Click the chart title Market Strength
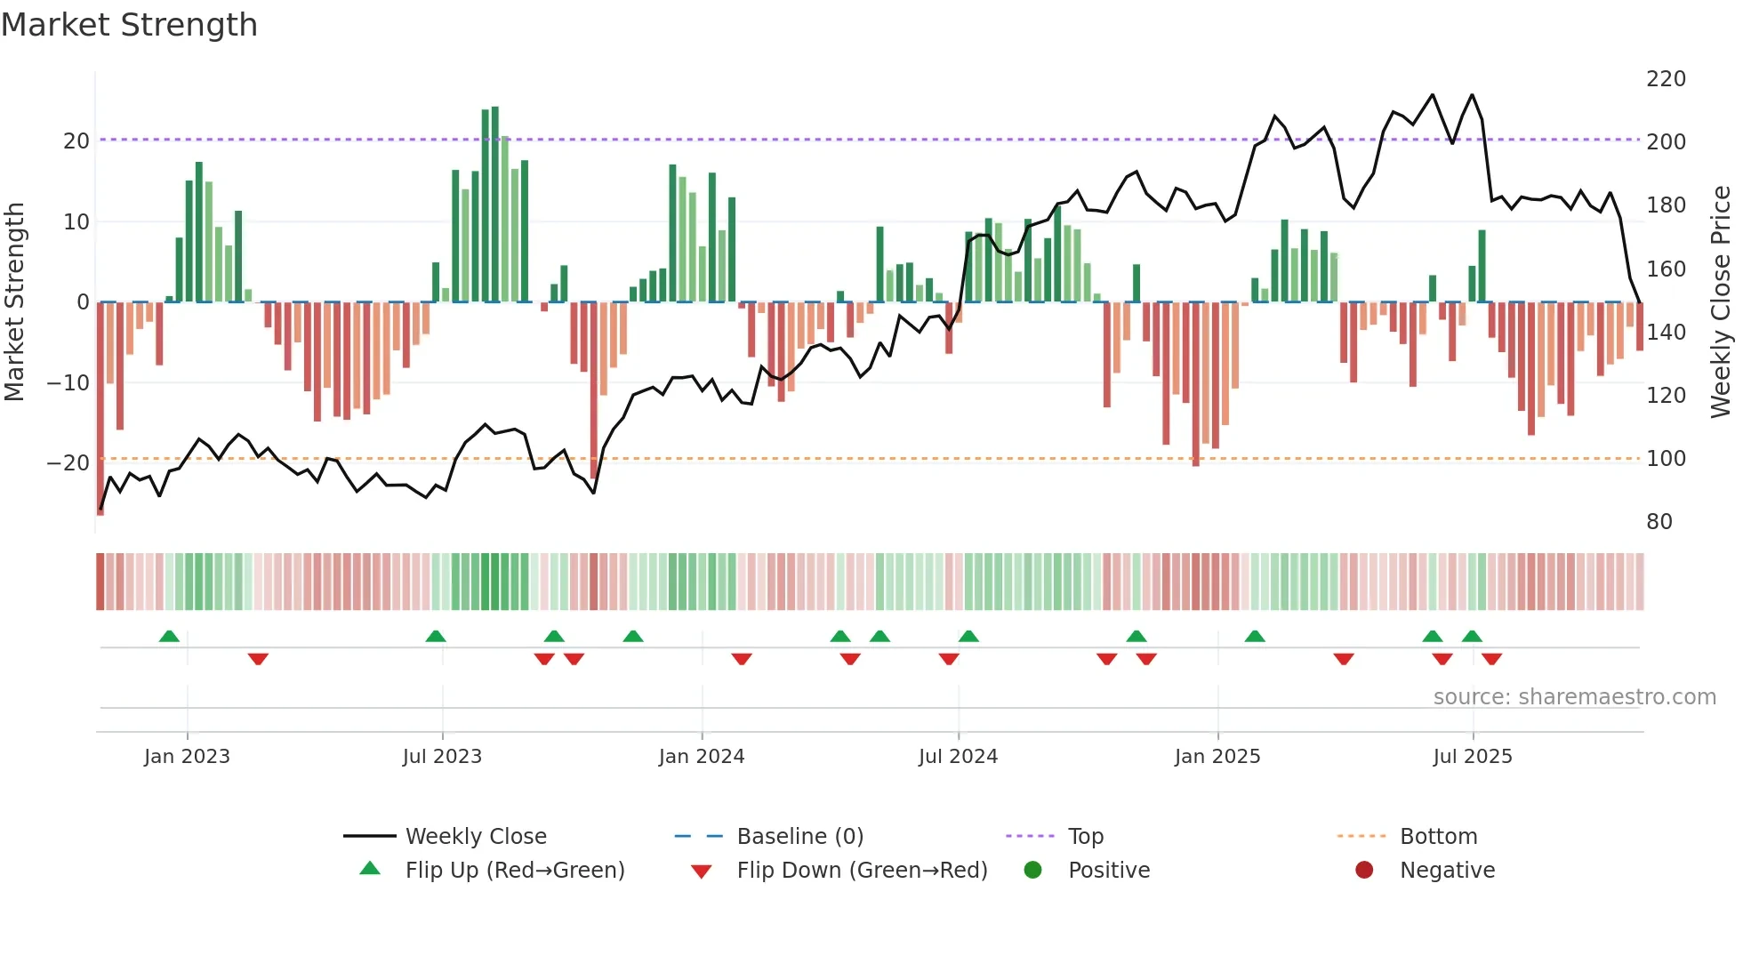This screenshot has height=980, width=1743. (129, 25)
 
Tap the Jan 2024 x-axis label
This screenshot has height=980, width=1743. (701, 757)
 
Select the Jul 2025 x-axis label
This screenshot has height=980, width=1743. (1472, 757)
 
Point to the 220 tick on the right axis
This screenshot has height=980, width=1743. (1665, 79)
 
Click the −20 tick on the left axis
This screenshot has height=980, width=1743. (68, 463)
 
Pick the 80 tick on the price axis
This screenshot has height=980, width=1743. (1659, 522)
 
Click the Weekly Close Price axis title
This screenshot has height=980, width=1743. (1721, 302)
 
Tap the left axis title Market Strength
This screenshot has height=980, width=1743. (14, 302)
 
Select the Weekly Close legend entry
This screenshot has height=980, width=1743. (475, 837)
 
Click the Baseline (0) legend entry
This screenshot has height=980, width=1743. (799, 837)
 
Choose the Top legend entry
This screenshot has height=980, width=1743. (1085, 837)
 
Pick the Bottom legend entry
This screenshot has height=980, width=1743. (1438, 837)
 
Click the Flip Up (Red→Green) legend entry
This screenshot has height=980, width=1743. (514, 871)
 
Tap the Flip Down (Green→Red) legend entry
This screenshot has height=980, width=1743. (861, 871)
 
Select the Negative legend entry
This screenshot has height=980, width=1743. (1446, 871)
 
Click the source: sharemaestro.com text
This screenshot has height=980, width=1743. (1574, 697)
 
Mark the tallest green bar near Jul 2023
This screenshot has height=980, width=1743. (495, 205)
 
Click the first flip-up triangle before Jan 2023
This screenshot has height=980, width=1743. (169, 637)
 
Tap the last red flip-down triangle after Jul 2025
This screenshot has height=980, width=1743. (1491, 659)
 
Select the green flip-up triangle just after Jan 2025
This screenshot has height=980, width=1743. (1254, 637)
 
